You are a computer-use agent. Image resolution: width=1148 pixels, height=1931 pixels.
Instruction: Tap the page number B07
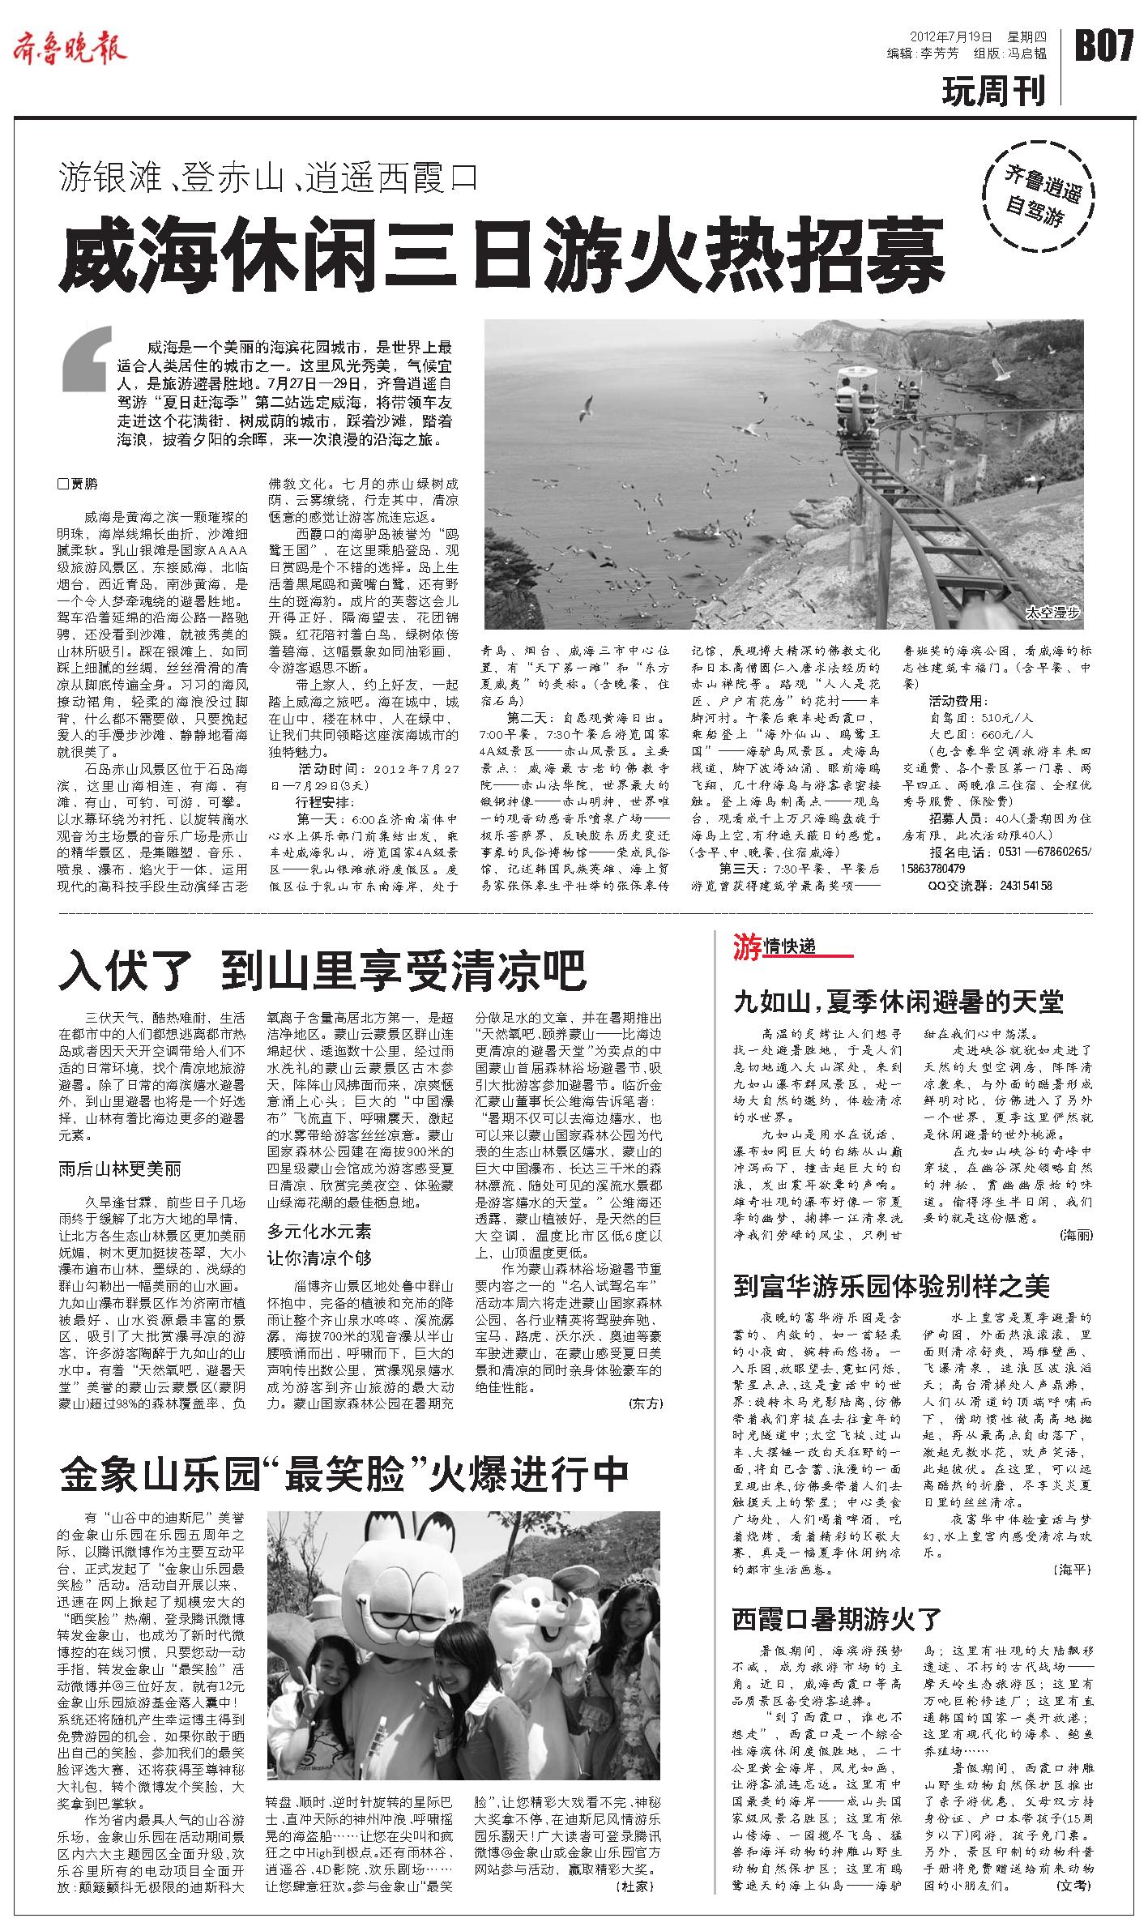(x=1103, y=46)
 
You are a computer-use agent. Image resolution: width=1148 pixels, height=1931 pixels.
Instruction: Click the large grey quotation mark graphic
(x=87, y=361)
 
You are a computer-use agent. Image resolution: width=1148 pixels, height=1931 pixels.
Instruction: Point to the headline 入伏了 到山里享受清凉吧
(x=321, y=970)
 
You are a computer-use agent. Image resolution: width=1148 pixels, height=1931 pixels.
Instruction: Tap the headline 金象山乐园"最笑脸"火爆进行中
(x=344, y=1475)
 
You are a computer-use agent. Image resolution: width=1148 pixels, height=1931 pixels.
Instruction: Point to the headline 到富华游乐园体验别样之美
(x=891, y=1285)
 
